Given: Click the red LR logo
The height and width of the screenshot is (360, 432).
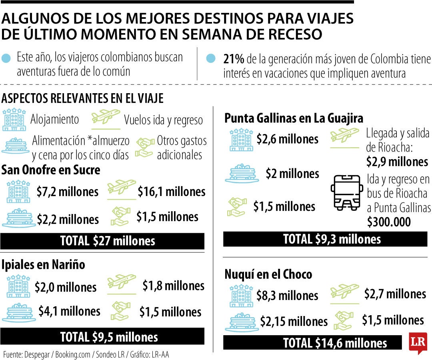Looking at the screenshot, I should [x=418, y=342].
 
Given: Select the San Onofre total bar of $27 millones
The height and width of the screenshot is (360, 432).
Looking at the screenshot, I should [x=102, y=241].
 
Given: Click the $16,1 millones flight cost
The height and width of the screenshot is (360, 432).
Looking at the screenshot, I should [x=171, y=192].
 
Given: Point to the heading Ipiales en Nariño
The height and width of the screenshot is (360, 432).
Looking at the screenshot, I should [x=43, y=264].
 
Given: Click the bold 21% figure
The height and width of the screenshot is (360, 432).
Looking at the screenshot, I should [x=234, y=59].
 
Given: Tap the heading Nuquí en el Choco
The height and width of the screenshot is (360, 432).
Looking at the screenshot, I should [x=268, y=274].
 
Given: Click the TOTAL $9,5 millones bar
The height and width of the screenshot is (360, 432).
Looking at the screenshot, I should [x=102, y=337].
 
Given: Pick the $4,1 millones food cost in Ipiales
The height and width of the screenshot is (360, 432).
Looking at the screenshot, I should [x=69, y=311].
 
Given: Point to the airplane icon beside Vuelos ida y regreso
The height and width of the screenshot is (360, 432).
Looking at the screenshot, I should [x=106, y=118].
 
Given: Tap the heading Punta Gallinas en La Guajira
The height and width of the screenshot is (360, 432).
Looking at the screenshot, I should [x=294, y=118].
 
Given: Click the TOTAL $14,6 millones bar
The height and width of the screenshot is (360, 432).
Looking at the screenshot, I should [x=312, y=343].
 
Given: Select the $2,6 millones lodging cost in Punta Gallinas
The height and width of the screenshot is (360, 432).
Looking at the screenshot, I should [x=288, y=139].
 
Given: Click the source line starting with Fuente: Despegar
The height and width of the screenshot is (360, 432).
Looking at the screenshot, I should [x=86, y=355].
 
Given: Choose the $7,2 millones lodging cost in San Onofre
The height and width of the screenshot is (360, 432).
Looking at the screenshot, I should [x=67, y=192].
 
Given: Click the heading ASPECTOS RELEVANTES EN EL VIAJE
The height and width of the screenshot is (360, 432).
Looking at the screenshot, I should [x=82, y=98].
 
